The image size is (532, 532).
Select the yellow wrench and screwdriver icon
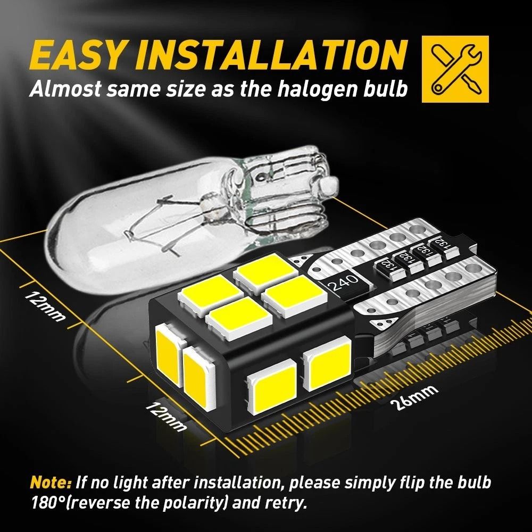(455, 69)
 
